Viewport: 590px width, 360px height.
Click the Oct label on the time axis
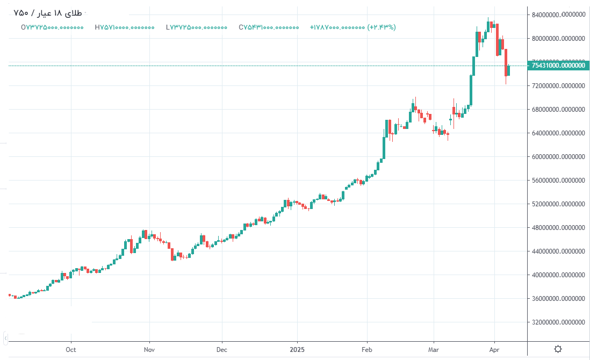pyautogui.click(x=71, y=350)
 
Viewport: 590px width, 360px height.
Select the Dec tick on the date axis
pyautogui.click(x=222, y=350)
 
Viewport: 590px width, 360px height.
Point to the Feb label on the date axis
pyautogui.click(x=367, y=350)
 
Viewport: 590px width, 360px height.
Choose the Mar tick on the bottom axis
pyautogui.click(x=434, y=350)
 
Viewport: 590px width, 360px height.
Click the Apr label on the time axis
pyautogui.click(x=495, y=350)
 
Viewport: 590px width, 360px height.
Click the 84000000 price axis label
pyautogui.click(x=558, y=15)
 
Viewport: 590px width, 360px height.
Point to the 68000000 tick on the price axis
pyautogui.click(x=558, y=110)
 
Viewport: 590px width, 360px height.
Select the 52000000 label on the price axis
pyautogui.click(x=558, y=204)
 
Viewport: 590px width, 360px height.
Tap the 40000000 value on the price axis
pyautogui.click(x=558, y=275)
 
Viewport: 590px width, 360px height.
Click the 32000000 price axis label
pyautogui.click(x=558, y=322)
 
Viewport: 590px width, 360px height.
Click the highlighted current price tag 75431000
pyautogui.click(x=558, y=66)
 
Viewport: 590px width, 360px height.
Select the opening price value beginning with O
pyautogui.click(x=52, y=27)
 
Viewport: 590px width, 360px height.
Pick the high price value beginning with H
pyautogui.click(x=124, y=27)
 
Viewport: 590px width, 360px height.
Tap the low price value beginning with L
pyautogui.click(x=197, y=27)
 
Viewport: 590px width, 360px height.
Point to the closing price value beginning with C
pyautogui.click(x=269, y=27)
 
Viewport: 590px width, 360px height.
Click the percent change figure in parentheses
pyautogui.click(x=382, y=27)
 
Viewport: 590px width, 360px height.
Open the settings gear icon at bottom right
pyautogui.click(x=558, y=349)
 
